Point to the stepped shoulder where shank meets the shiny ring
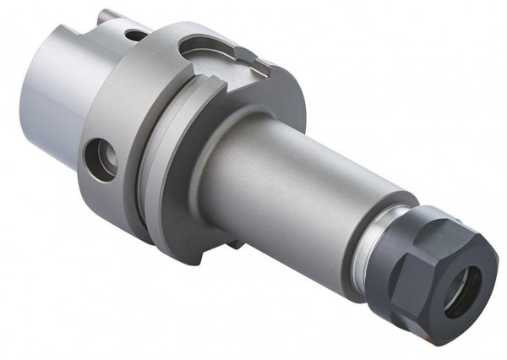point(359,228)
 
